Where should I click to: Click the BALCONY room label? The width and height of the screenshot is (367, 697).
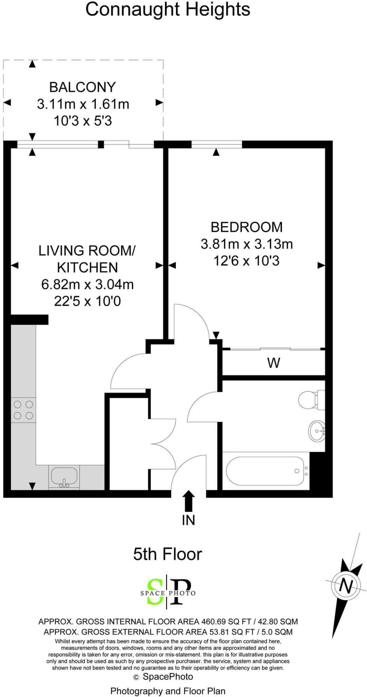coord(83,87)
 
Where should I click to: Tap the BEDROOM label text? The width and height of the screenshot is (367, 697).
coord(247,227)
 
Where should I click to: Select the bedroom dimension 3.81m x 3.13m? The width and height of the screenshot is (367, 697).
coord(247,244)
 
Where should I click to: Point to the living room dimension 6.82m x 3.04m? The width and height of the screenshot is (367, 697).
coord(87,284)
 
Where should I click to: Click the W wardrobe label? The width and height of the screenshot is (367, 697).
coord(274,363)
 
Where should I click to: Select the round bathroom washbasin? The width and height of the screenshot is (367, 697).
coord(317,431)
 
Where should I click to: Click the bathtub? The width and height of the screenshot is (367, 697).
coord(265,471)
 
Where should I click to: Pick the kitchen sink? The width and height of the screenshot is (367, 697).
coord(64,476)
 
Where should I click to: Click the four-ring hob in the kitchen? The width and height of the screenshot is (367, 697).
coord(23,410)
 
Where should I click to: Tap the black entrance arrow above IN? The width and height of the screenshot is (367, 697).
coord(189,501)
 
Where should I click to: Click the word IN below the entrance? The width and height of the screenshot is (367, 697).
coord(188,520)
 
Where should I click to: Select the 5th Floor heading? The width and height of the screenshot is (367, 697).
coord(168,554)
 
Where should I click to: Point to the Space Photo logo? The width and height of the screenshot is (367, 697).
coord(168,593)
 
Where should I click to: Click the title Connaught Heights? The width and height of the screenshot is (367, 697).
coord(168,10)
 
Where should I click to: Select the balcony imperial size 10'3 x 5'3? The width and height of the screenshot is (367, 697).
coord(83,121)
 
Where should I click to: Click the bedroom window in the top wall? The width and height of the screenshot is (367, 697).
coord(217,144)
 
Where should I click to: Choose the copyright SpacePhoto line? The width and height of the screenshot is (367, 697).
coord(164,677)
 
